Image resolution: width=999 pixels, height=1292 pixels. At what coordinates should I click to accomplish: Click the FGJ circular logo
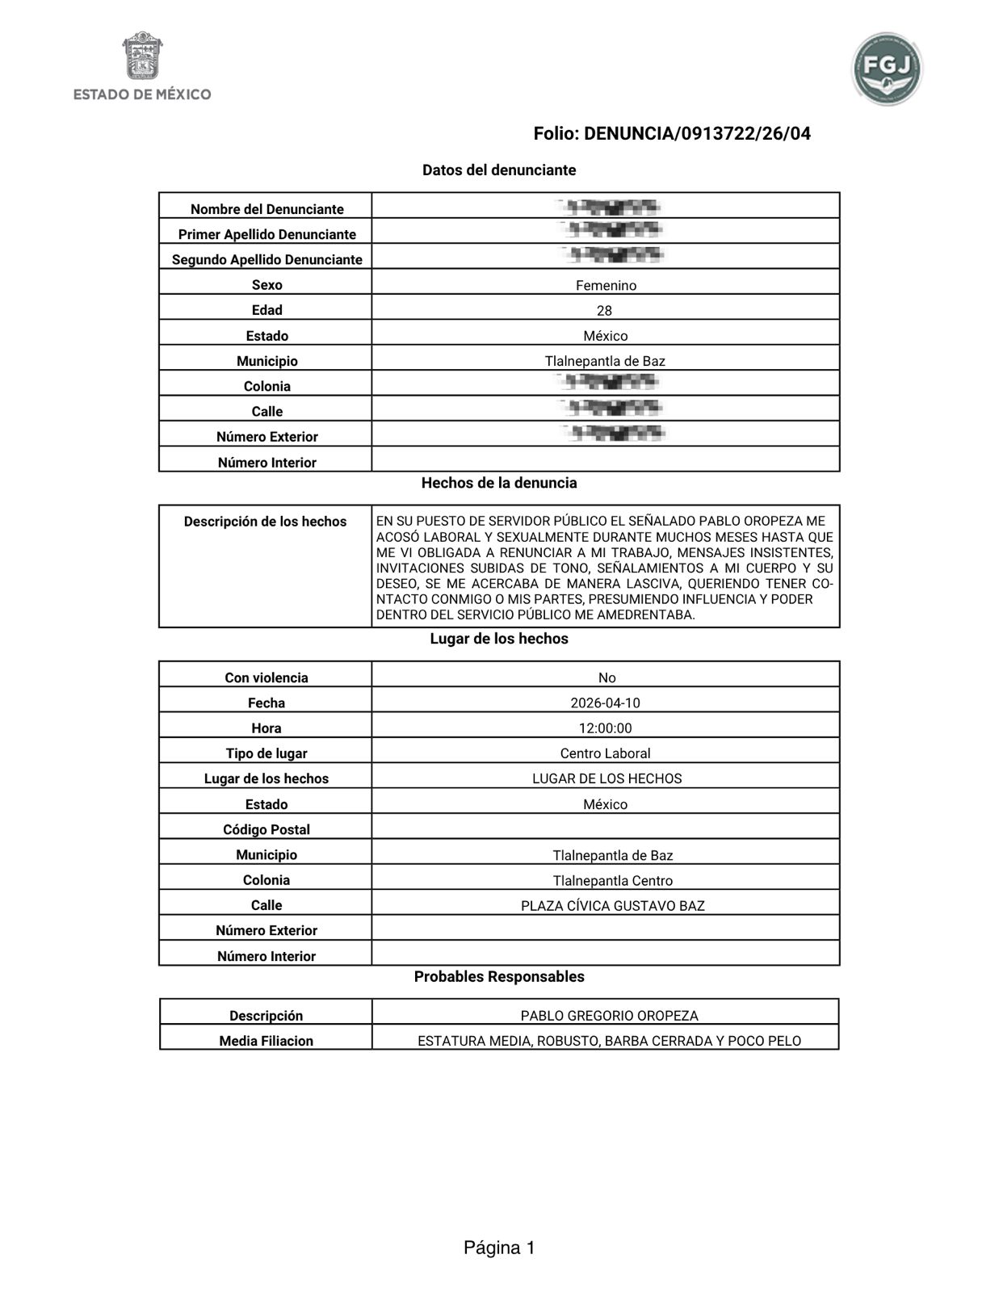(886, 69)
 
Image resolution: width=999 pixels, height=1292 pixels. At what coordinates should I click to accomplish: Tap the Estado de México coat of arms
(142, 56)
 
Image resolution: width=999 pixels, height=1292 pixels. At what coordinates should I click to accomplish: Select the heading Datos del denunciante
(499, 170)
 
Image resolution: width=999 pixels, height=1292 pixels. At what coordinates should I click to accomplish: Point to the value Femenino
(606, 286)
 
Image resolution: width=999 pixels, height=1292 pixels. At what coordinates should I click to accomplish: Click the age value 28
(604, 311)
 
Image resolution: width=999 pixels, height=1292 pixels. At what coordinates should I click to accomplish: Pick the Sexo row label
(267, 285)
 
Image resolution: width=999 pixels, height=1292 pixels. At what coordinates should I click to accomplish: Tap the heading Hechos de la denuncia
(499, 483)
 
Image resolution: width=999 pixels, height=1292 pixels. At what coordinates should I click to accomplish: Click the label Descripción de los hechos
(265, 522)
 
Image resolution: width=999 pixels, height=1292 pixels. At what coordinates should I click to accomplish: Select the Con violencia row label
(266, 677)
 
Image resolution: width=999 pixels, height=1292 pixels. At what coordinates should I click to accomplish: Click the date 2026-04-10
(605, 703)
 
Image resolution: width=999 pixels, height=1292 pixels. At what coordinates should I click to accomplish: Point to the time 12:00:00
(605, 728)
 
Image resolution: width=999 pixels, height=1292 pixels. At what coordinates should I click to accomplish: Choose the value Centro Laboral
(605, 753)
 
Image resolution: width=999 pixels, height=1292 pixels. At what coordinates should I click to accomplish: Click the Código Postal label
(266, 829)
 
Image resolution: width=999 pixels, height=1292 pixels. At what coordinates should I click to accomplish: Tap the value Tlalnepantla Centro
(612, 880)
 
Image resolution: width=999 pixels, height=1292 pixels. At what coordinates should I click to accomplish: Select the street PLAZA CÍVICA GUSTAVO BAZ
(612, 906)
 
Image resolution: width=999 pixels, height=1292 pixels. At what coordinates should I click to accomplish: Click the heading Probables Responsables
(499, 976)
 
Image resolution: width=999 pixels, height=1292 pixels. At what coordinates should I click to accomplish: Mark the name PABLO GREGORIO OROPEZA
(609, 1016)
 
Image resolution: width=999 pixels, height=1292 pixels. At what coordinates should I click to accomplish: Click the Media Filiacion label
(266, 1041)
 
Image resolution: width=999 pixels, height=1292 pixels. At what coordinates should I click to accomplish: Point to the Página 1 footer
(499, 1248)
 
